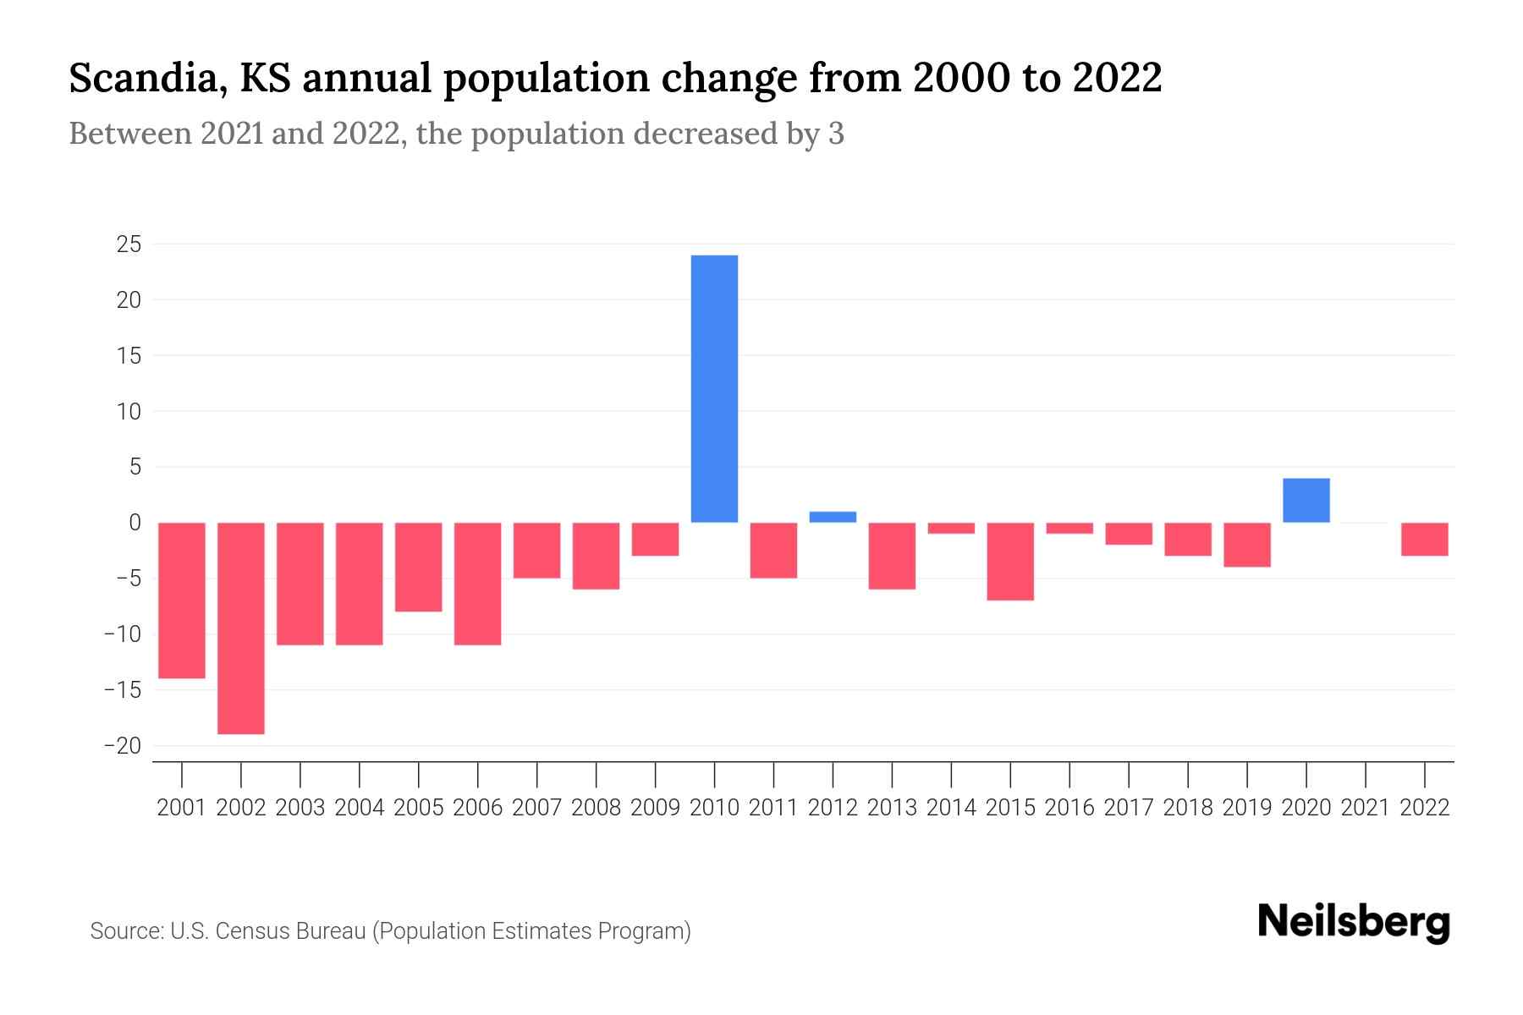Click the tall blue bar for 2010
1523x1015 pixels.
(x=714, y=389)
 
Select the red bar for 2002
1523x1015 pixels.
(x=241, y=628)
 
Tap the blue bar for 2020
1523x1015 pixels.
(x=1306, y=501)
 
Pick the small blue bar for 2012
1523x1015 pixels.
(x=833, y=517)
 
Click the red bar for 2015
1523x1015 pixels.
(x=1010, y=562)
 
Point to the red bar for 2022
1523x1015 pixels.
(x=1424, y=540)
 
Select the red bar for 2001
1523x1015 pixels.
(x=182, y=601)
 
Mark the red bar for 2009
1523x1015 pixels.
(x=655, y=540)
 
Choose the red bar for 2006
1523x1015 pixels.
(x=477, y=584)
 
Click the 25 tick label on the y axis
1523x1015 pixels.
(x=129, y=244)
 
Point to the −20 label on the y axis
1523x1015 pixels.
(x=122, y=746)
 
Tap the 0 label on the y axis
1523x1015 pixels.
(x=135, y=523)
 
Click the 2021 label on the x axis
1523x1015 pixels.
(x=1365, y=808)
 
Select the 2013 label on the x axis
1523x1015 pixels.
(x=892, y=808)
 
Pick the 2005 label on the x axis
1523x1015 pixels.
(x=419, y=808)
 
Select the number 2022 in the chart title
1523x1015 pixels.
(x=1117, y=79)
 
